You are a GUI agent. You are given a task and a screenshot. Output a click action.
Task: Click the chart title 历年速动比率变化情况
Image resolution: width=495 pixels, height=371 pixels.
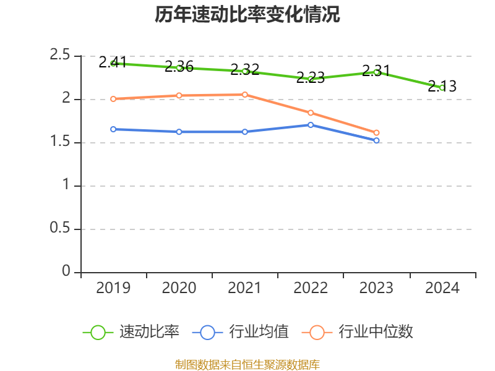[x=247, y=15]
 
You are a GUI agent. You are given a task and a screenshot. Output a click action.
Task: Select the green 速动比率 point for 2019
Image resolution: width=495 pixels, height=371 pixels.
[x=113, y=63]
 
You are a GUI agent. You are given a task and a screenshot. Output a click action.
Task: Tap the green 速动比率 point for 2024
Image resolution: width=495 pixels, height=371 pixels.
[x=442, y=88]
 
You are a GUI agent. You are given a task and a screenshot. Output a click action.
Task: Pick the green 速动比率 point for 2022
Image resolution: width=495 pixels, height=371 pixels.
[x=311, y=79]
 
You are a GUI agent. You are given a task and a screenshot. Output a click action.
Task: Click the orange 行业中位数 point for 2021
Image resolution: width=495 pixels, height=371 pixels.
[x=245, y=95]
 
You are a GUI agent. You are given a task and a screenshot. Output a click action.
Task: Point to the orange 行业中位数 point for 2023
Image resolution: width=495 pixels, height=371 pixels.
[x=376, y=133]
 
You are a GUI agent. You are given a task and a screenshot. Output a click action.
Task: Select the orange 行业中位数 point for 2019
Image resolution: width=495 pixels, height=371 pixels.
[x=113, y=99]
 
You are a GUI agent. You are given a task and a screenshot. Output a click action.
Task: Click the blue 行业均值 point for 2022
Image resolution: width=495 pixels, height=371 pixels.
[x=311, y=125]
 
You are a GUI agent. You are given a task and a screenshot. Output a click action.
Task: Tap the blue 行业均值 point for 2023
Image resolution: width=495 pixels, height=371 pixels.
[x=376, y=141]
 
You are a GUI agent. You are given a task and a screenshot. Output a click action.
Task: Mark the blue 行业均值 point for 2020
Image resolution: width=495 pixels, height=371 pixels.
[x=179, y=132]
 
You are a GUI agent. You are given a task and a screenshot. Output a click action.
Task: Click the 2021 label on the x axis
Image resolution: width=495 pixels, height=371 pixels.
[x=245, y=288]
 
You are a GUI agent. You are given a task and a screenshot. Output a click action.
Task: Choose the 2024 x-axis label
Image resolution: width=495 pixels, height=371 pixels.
[x=442, y=288]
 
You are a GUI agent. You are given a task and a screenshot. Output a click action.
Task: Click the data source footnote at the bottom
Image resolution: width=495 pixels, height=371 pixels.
[x=247, y=364]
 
